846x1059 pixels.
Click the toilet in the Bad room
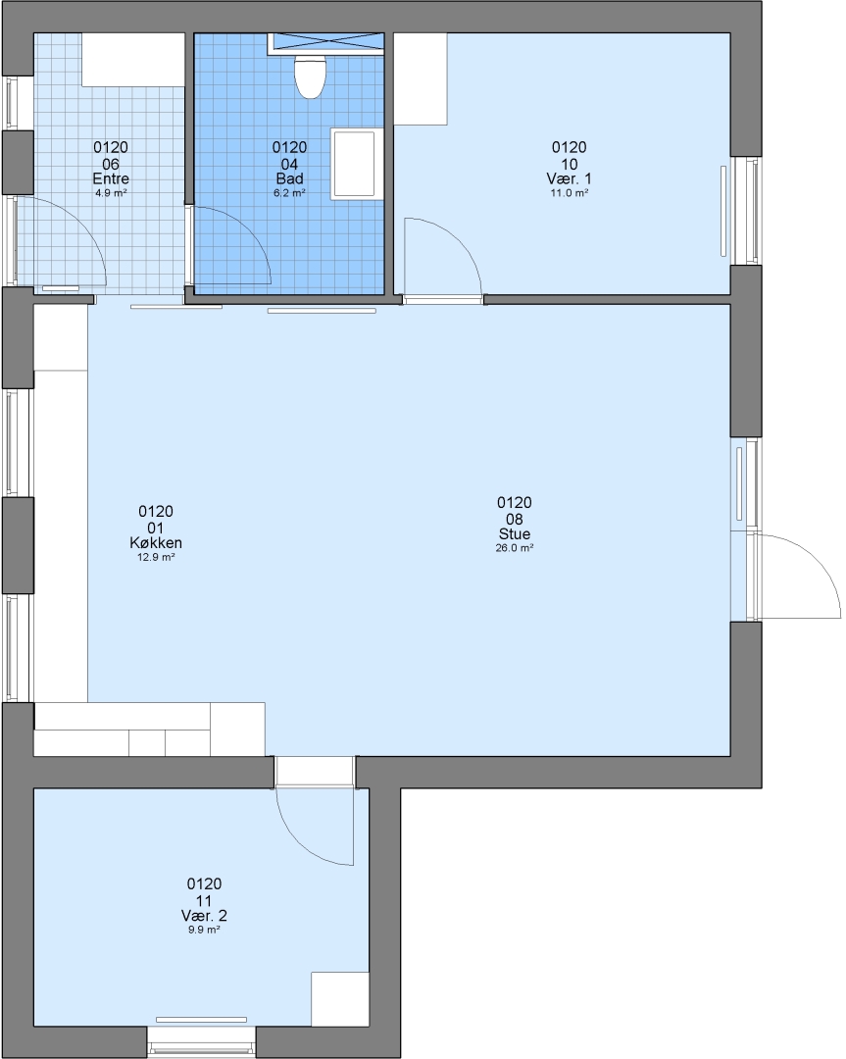coord(311,76)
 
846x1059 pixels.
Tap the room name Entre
coord(111,179)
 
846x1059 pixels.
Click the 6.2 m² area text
coord(289,192)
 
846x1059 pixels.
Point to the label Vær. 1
coord(570,179)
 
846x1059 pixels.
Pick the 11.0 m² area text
coord(570,192)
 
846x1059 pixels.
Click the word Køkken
coord(156,543)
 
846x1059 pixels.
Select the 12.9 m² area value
coord(156,557)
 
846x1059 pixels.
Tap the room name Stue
coord(515,534)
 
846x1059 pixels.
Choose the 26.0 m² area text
coord(515,548)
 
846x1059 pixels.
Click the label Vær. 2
coord(204,916)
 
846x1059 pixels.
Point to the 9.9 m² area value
coord(204,930)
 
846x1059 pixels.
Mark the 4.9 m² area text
coord(111,192)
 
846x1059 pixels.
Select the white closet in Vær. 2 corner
coord(339,999)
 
